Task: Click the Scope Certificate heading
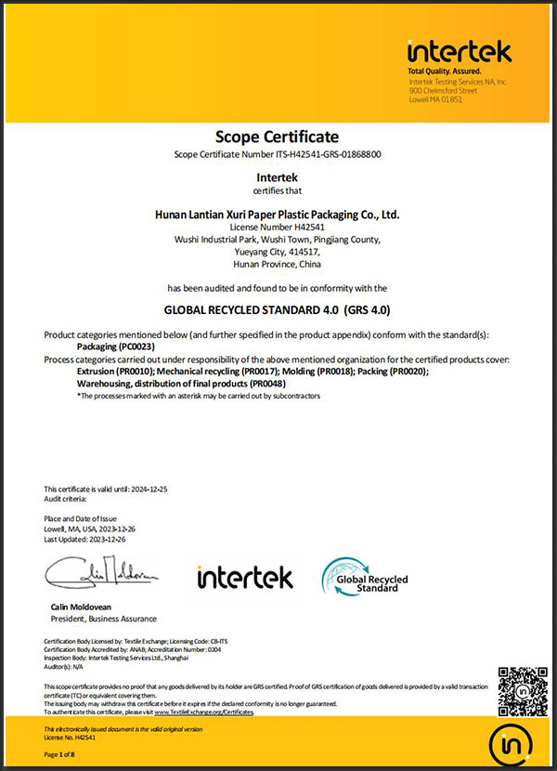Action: pos(278,137)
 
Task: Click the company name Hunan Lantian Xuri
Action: pos(277,214)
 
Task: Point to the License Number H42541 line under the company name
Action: pos(278,227)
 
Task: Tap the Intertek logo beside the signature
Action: pos(244,578)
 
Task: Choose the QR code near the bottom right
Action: pos(519,689)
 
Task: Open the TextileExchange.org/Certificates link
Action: pos(203,712)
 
